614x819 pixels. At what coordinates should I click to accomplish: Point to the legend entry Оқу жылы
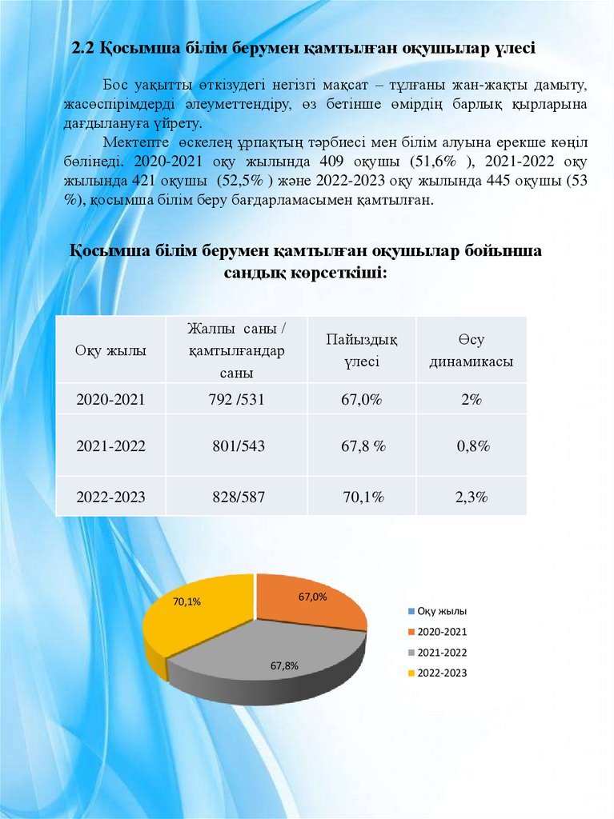[437, 611]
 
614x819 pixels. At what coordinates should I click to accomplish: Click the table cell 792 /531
[237, 399]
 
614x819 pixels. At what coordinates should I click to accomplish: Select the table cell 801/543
[237, 445]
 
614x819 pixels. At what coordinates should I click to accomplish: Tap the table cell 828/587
[237, 497]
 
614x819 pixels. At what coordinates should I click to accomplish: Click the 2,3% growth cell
[472, 497]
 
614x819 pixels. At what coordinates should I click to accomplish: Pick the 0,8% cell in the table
[473, 445]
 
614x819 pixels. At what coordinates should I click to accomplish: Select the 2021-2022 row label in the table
[110, 445]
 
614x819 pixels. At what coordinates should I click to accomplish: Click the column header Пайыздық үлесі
[362, 350]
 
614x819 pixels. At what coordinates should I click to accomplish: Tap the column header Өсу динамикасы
[472, 350]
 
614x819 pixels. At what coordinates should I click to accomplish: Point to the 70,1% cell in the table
[363, 497]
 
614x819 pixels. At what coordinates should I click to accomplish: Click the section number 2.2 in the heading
[83, 49]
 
